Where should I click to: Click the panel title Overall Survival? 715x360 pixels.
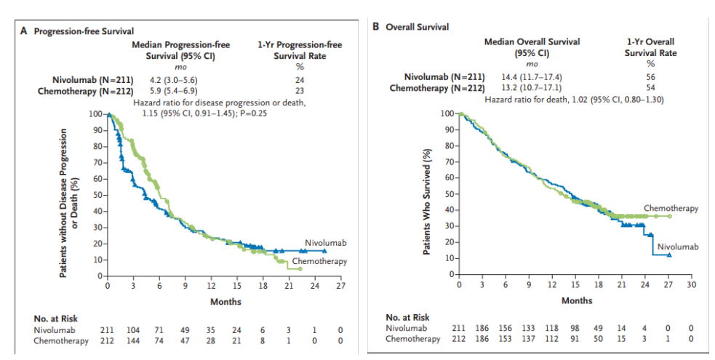coord(417,27)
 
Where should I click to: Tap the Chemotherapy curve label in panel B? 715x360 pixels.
coord(671,208)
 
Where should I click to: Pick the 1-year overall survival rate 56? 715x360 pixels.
coord(650,76)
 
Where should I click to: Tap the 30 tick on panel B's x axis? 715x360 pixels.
coord(691,284)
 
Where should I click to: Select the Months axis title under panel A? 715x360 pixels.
coord(225,301)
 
